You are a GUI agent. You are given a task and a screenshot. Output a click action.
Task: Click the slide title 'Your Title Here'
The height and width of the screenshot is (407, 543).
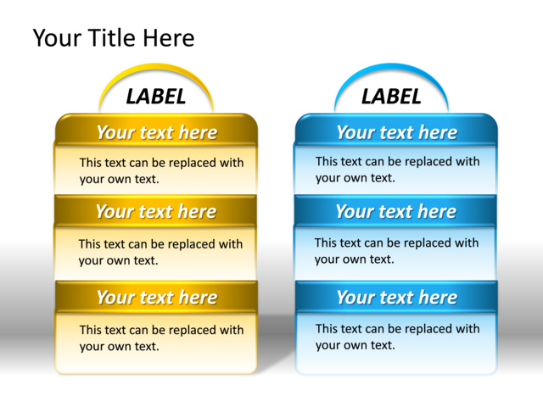click(113, 38)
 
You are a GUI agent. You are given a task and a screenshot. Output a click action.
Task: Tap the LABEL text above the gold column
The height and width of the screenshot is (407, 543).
click(155, 97)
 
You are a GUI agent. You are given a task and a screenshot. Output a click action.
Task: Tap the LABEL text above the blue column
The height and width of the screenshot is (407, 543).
click(391, 97)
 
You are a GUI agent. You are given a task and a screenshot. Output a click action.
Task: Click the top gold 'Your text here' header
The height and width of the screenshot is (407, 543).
click(156, 132)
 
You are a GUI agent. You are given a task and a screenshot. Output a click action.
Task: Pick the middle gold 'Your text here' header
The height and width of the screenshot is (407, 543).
click(155, 212)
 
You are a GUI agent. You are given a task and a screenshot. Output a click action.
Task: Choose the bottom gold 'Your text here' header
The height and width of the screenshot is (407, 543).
click(157, 298)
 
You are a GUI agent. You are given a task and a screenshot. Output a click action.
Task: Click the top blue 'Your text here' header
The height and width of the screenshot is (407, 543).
click(396, 132)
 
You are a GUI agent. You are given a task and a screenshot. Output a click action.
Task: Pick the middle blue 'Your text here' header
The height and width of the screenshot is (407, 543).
click(395, 212)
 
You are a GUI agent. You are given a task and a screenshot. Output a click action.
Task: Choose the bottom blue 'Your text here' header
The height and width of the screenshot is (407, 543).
click(396, 298)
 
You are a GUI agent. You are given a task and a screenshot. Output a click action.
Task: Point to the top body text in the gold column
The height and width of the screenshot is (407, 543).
click(161, 170)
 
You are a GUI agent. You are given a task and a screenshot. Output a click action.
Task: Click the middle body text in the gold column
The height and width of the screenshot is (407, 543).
click(160, 252)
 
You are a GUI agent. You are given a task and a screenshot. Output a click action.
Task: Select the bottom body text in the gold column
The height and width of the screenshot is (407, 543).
click(161, 337)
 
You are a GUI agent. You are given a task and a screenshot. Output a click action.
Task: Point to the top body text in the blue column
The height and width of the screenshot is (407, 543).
click(397, 170)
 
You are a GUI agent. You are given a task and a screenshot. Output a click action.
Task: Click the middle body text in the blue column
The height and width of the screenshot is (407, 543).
click(396, 251)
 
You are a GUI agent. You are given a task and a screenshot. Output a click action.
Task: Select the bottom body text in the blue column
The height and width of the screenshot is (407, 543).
click(397, 337)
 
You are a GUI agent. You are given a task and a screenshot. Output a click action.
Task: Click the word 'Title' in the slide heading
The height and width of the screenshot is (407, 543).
click(115, 38)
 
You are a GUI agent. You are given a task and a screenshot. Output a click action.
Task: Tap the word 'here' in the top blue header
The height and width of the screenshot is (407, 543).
click(437, 132)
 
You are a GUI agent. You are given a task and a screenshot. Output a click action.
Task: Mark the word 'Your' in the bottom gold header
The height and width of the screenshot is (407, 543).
click(115, 298)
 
